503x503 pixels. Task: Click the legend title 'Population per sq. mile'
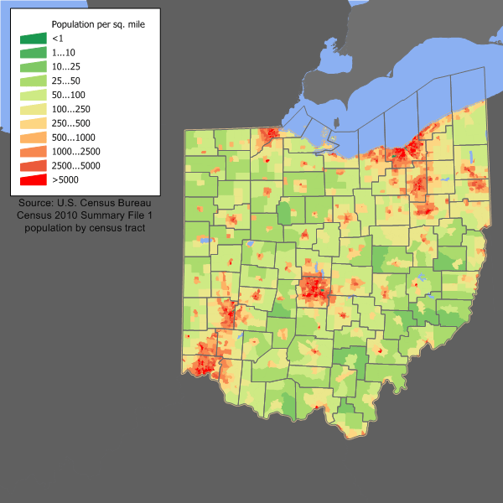pos(98,25)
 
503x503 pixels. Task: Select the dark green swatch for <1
pos(34,39)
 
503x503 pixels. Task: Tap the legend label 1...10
pos(64,53)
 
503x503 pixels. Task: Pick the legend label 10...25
pos(66,66)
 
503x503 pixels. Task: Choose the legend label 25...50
pos(66,80)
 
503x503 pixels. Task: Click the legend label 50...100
pos(69,95)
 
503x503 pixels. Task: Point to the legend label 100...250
pos(71,109)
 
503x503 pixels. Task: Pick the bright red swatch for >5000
pos(34,180)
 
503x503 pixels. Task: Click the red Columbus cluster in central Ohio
pos(315,289)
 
